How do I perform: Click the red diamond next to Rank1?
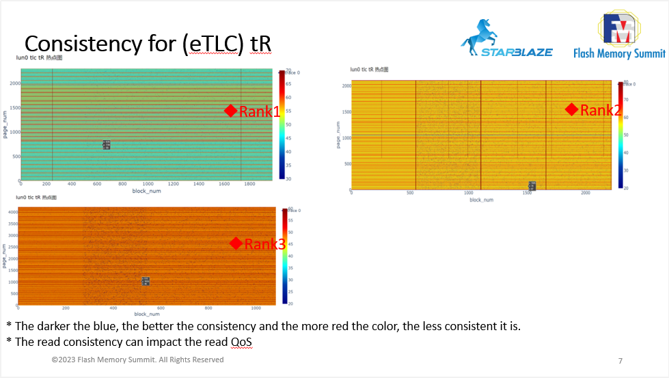[x=230, y=111]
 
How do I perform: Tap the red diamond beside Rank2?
[x=572, y=109]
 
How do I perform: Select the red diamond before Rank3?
[x=236, y=244]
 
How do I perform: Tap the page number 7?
[x=620, y=361]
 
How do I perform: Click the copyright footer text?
[x=137, y=360]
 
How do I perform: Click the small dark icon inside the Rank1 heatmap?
[x=107, y=145]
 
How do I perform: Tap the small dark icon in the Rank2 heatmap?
[x=532, y=186]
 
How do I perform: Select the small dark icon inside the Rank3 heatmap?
[x=146, y=281]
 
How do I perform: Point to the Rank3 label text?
[x=264, y=244]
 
